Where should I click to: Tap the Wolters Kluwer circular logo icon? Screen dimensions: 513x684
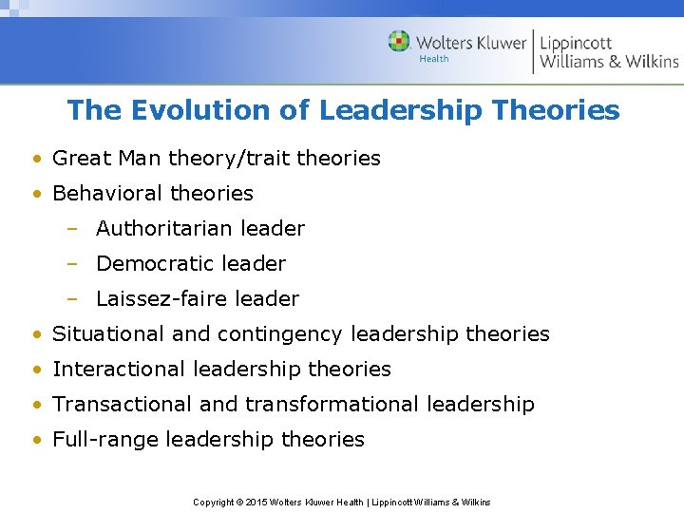tap(400, 42)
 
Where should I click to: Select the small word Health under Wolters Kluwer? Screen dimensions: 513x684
tap(433, 60)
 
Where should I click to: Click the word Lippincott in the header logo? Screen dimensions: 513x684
tap(576, 43)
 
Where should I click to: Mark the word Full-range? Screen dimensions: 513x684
tap(105, 440)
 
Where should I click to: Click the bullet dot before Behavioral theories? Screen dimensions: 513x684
tap(35, 194)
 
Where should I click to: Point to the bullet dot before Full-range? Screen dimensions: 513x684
tap(35, 440)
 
